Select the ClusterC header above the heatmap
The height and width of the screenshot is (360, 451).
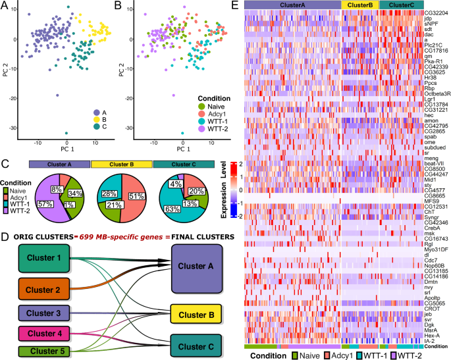click(x=398, y=5)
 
